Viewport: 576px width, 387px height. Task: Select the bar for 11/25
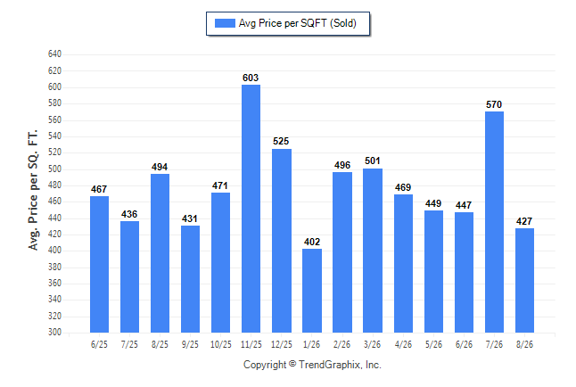point(251,209)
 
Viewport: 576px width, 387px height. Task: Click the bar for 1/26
point(312,291)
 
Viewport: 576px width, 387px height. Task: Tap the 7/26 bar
point(494,222)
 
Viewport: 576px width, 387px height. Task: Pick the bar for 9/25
point(190,279)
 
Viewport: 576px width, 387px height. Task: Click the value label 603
point(251,78)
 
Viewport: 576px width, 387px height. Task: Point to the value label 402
point(312,242)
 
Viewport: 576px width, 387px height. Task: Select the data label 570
point(494,104)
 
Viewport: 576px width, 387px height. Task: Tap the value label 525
point(281,141)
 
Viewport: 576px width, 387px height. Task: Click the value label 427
point(524,221)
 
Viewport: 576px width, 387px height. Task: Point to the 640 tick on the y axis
point(54,54)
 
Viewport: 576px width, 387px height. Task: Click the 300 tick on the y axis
point(54,332)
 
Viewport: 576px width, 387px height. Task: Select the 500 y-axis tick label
point(54,169)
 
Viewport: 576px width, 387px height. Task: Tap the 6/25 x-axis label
point(99,344)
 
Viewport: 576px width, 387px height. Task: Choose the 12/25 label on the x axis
point(282,344)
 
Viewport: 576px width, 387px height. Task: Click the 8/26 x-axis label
point(524,344)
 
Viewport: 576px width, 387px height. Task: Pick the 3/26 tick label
point(372,344)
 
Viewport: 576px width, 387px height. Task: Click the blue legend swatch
point(225,23)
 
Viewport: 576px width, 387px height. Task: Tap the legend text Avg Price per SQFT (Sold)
point(298,23)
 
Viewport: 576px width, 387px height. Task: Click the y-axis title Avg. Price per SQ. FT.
point(33,190)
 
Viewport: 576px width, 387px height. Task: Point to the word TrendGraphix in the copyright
point(330,365)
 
